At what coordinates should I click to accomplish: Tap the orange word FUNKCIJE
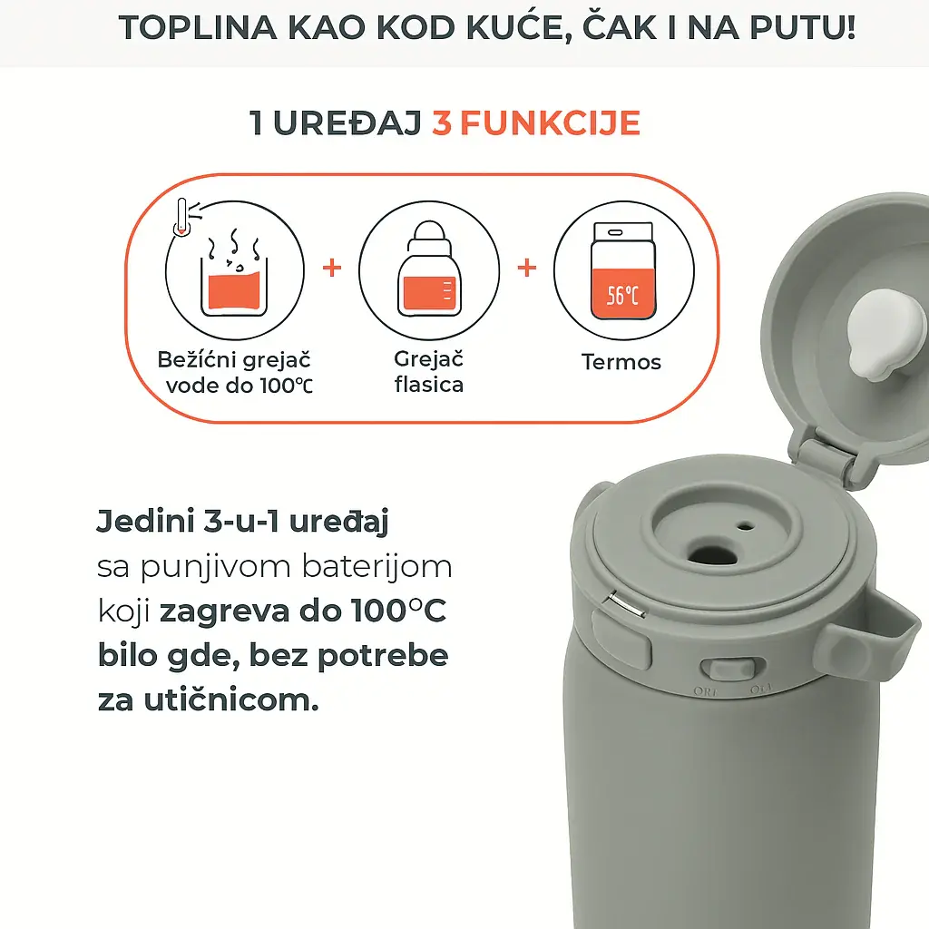click(x=549, y=123)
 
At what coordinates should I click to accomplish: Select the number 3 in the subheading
click(x=442, y=123)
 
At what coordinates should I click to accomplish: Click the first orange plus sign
click(x=333, y=269)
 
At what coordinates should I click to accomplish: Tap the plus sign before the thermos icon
click(x=527, y=269)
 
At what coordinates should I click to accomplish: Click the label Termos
click(x=621, y=362)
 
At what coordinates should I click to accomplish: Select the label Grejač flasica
click(x=429, y=371)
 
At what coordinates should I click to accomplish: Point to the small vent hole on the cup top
click(x=745, y=525)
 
